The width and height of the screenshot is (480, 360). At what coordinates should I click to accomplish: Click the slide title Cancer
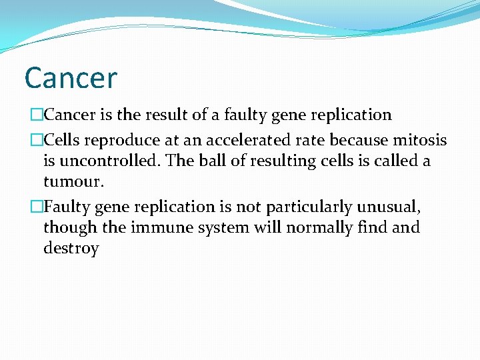coord(70,78)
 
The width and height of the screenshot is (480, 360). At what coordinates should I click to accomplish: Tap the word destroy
coord(71,249)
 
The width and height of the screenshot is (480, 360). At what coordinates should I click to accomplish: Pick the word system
coord(215,228)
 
